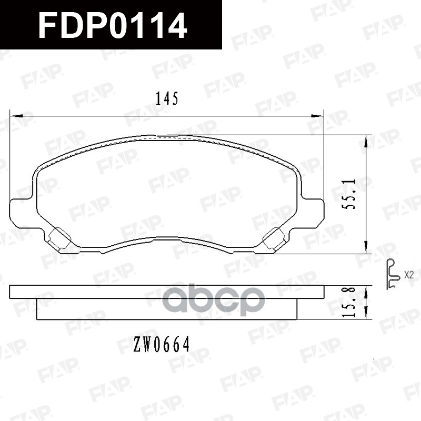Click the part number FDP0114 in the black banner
113,25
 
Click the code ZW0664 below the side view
161,345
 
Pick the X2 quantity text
409,274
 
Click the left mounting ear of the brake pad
21,213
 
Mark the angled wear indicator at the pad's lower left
58,239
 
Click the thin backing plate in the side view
167,292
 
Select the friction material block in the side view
167,309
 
